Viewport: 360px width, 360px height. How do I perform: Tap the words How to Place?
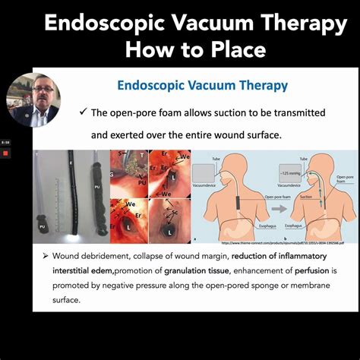(196, 50)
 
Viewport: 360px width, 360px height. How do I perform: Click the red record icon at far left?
(5, 153)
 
